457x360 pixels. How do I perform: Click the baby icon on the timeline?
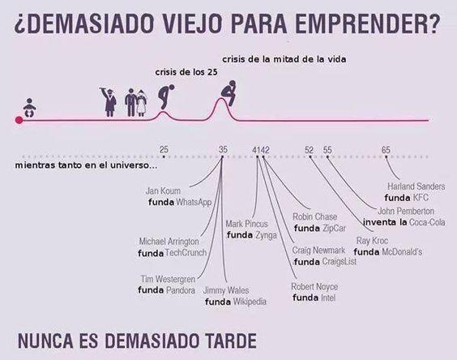click(x=29, y=108)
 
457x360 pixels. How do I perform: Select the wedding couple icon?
click(x=136, y=103)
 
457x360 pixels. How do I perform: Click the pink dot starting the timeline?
click(x=19, y=120)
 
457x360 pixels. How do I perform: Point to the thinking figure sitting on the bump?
click(x=228, y=92)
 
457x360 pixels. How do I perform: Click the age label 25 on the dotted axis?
click(x=164, y=150)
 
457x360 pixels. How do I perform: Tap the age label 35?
click(x=223, y=150)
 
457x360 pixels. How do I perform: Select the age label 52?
click(x=310, y=150)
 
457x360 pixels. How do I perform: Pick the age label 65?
click(x=386, y=150)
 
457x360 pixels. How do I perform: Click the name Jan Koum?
click(x=163, y=191)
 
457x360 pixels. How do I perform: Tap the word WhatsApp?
click(x=194, y=202)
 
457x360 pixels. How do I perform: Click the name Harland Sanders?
click(x=416, y=186)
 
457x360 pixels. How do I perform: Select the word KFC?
click(x=421, y=198)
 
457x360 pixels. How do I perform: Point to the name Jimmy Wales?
click(x=226, y=290)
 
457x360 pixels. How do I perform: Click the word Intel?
click(x=328, y=298)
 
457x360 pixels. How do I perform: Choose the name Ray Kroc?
click(x=372, y=241)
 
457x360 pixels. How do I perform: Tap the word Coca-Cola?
click(x=427, y=222)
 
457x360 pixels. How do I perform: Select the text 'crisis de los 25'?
click(x=186, y=72)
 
